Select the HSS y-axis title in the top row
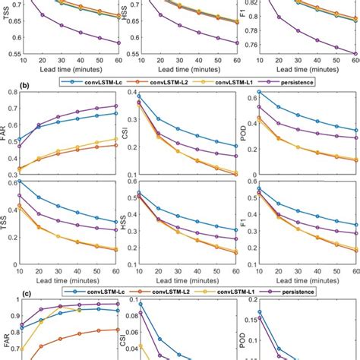pyautogui.click(x=127, y=13)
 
